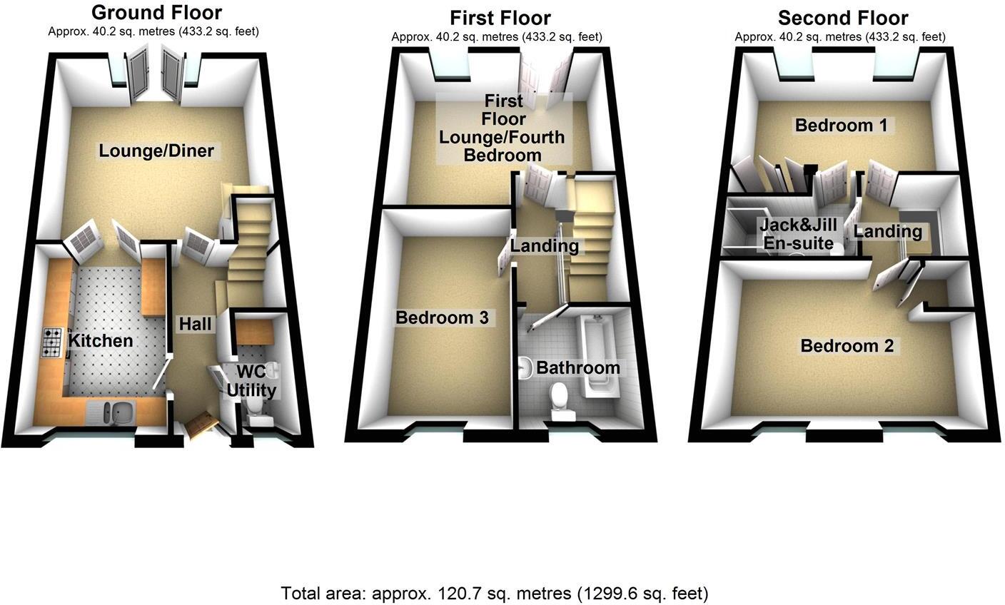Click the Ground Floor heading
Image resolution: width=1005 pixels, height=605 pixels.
tap(157, 12)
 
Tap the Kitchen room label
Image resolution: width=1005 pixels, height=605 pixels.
tap(101, 341)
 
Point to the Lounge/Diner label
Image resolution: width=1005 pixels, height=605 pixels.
tap(156, 151)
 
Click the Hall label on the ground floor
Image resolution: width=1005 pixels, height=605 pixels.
tap(195, 324)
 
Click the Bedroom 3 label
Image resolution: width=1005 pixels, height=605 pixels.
tap(442, 317)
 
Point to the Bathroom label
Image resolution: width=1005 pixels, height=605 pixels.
tap(577, 368)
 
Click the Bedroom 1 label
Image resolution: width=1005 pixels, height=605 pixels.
tap(842, 126)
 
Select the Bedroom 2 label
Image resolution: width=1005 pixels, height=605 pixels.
tap(847, 346)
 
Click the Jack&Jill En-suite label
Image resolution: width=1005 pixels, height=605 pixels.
tap(798, 234)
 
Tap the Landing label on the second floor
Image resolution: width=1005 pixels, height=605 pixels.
tap(888, 232)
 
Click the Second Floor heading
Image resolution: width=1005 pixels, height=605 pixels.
tap(842, 17)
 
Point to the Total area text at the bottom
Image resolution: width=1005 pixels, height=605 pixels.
tap(495, 593)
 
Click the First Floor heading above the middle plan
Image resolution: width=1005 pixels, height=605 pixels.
tap(500, 17)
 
